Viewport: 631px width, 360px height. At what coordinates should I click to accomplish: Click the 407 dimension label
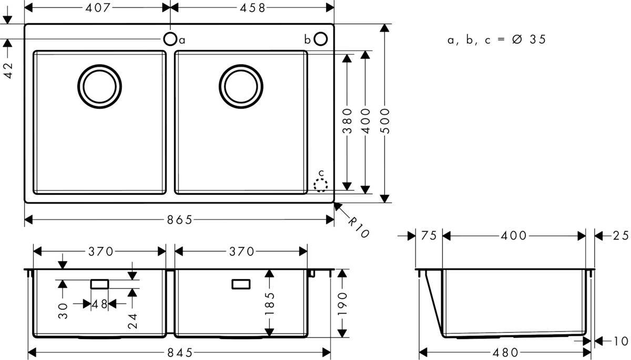tap(97, 7)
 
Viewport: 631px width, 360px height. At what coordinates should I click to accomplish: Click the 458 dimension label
tap(253, 7)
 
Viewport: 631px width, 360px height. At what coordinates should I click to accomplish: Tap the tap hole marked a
tap(170, 39)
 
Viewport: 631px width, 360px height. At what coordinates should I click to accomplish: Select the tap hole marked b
tap(321, 39)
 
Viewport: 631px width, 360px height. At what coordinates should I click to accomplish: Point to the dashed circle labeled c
tap(320, 184)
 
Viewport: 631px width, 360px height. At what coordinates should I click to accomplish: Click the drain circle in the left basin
tap(100, 86)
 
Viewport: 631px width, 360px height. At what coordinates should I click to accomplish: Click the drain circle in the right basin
tap(241, 86)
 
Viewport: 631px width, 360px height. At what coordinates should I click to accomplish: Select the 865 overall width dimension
tap(178, 220)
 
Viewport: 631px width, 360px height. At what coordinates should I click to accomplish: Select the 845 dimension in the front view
tap(178, 352)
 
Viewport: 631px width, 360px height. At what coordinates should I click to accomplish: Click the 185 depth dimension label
tap(270, 304)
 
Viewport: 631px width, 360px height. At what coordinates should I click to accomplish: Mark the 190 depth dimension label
tap(343, 303)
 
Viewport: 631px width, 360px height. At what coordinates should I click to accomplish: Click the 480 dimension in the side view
tap(505, 352)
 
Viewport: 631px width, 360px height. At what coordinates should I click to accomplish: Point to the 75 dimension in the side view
tap(429, 236)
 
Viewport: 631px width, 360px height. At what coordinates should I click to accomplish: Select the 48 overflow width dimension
tap(100, 304)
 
